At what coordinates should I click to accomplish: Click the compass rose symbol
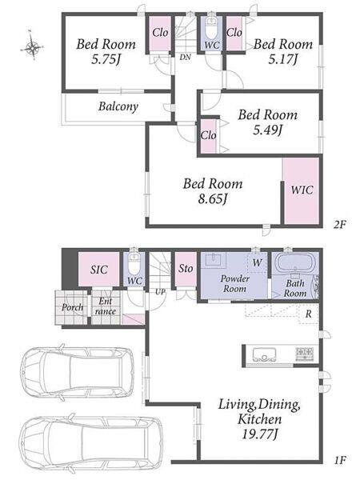[x=32, y=46]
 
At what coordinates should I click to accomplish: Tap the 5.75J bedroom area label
[x=106, y=59]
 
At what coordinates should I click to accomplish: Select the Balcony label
[x=118, y=106]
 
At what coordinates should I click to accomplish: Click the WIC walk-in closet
[x=302, y=191]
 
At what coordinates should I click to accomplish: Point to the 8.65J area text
[x=213, y=199]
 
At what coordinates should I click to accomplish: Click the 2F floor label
[x=339, y=225]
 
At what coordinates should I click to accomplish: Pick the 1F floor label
[x=339, y=460]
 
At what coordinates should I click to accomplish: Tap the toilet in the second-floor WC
[x=210, y=28]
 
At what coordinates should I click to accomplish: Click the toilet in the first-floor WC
[x=134, y=265]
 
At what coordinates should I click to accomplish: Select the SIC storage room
[x=98, y=269]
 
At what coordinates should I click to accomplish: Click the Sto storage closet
[x=186, y=269]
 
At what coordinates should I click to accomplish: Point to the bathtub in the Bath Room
[x=295, y=262]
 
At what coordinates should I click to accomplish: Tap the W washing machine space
[x=258, y=262]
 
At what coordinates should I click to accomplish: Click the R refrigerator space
[x=309, y=314]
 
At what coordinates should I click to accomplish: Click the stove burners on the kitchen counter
[x=305, y=354]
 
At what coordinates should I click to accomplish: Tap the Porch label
[x=72, y=307]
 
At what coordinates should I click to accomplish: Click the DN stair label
[x=186, y=57]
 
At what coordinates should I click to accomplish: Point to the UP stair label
[x=160, y=292]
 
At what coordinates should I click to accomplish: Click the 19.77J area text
[x=259, y=434]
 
